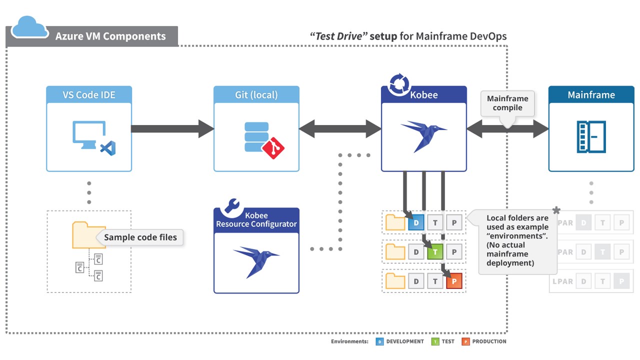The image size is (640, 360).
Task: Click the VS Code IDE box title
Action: (x=89, y=95)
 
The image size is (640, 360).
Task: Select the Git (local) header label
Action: (x=256, y=95)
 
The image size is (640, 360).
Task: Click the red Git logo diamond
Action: (x=273, y=148)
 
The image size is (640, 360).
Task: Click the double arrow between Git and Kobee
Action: (x=340, y=128)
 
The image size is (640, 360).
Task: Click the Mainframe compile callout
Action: (x=507, y=103)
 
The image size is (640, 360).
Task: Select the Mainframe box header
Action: (x=591, y=95)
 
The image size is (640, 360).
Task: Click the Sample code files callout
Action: (x=140, y=237)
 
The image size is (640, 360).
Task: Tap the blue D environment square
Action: (x=416, y=223)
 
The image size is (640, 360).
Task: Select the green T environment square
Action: (x=435, y=252)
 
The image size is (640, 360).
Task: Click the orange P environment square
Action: (x=454, y=281)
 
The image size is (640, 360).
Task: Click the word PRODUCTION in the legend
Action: (x=489, y=341)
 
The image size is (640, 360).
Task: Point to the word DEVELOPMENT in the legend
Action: (x=405, y=341)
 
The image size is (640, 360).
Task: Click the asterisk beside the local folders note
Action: (x=556, y=210)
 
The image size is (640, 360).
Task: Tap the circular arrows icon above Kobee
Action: (x=399, y=84)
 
